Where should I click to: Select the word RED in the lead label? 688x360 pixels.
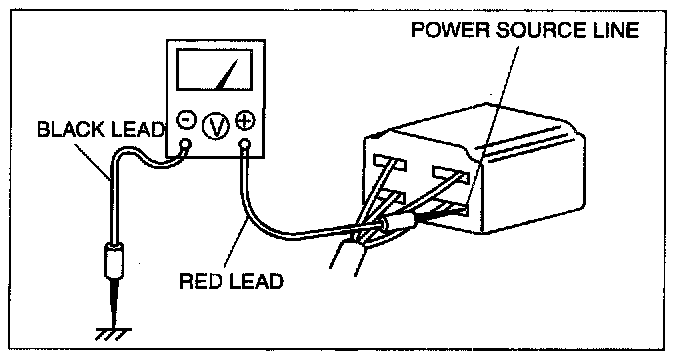(x=200, y=281)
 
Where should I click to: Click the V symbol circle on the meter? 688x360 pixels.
(x=216, y=126)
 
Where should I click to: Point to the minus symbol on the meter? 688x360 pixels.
(x=187, y=119)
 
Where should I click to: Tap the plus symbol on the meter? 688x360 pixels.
(x=245, y=119)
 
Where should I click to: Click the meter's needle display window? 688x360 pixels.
(x=215, y=70)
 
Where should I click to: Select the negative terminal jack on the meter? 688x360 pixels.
(x=186, y=144)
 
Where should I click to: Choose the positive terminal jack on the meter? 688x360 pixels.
(x=245, y=144)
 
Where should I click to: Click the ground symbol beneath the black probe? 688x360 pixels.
(x=113, y=334)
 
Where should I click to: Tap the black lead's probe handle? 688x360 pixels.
(x=113, y=261)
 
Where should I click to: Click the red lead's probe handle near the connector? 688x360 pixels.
(x=397, y=223)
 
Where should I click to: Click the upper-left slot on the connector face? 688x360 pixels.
(x=390, y=162)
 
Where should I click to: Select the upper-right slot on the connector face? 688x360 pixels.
(x=450, y=173)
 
